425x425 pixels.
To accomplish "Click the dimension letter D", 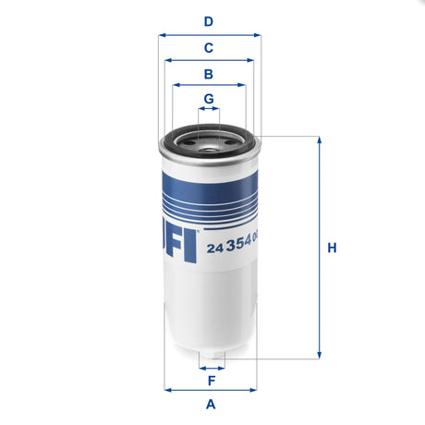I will pos(209,21).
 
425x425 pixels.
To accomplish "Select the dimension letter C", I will pos(209,47).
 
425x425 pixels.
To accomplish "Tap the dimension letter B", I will pos(209,73).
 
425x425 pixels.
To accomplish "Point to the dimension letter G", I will pos(209,98).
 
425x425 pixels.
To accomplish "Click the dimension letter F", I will pos(211,380).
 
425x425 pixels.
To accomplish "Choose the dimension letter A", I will pos(211,404).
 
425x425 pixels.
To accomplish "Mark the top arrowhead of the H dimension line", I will pos(320,140).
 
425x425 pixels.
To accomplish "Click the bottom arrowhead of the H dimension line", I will pos(320,355).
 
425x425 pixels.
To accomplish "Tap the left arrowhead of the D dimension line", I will pos(162,35).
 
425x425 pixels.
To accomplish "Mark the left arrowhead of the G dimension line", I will pos(200,109).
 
